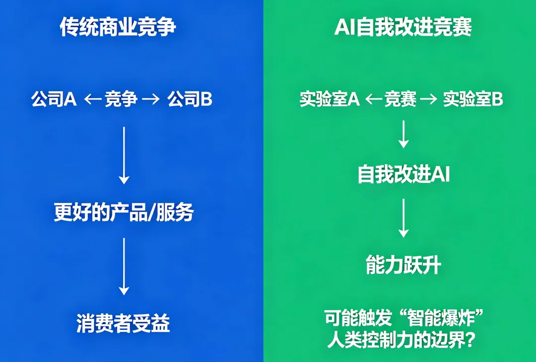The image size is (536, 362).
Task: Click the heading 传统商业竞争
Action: click(118, 27)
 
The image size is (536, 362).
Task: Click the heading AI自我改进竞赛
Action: click(402, 27)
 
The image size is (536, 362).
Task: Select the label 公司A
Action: click(54, 100)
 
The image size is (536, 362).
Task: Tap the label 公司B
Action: click(190, 100)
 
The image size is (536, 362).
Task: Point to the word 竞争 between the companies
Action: click(121, 100)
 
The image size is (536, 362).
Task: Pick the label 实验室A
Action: click(330, 100)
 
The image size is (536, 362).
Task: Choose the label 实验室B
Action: click(473, 100)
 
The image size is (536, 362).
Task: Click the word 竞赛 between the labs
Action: click(401, 100)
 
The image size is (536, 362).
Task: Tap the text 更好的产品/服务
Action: click(124, 213)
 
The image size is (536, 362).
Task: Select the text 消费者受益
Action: click(123, 324)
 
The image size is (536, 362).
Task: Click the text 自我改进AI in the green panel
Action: click(403, 175)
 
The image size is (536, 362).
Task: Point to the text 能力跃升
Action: click(403, 266)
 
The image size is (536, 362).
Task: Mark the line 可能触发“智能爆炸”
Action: click(404, 317)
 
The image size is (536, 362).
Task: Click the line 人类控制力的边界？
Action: click(403, 340)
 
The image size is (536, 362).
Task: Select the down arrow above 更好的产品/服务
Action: click(124, 155)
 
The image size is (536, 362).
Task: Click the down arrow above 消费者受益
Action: click(124, 267)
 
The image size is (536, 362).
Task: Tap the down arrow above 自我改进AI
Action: click(403, 134)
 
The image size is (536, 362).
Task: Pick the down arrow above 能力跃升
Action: click(403, 218)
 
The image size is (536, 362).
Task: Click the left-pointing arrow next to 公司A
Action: click(93, 100)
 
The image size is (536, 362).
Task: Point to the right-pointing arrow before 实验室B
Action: click(428, 100)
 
